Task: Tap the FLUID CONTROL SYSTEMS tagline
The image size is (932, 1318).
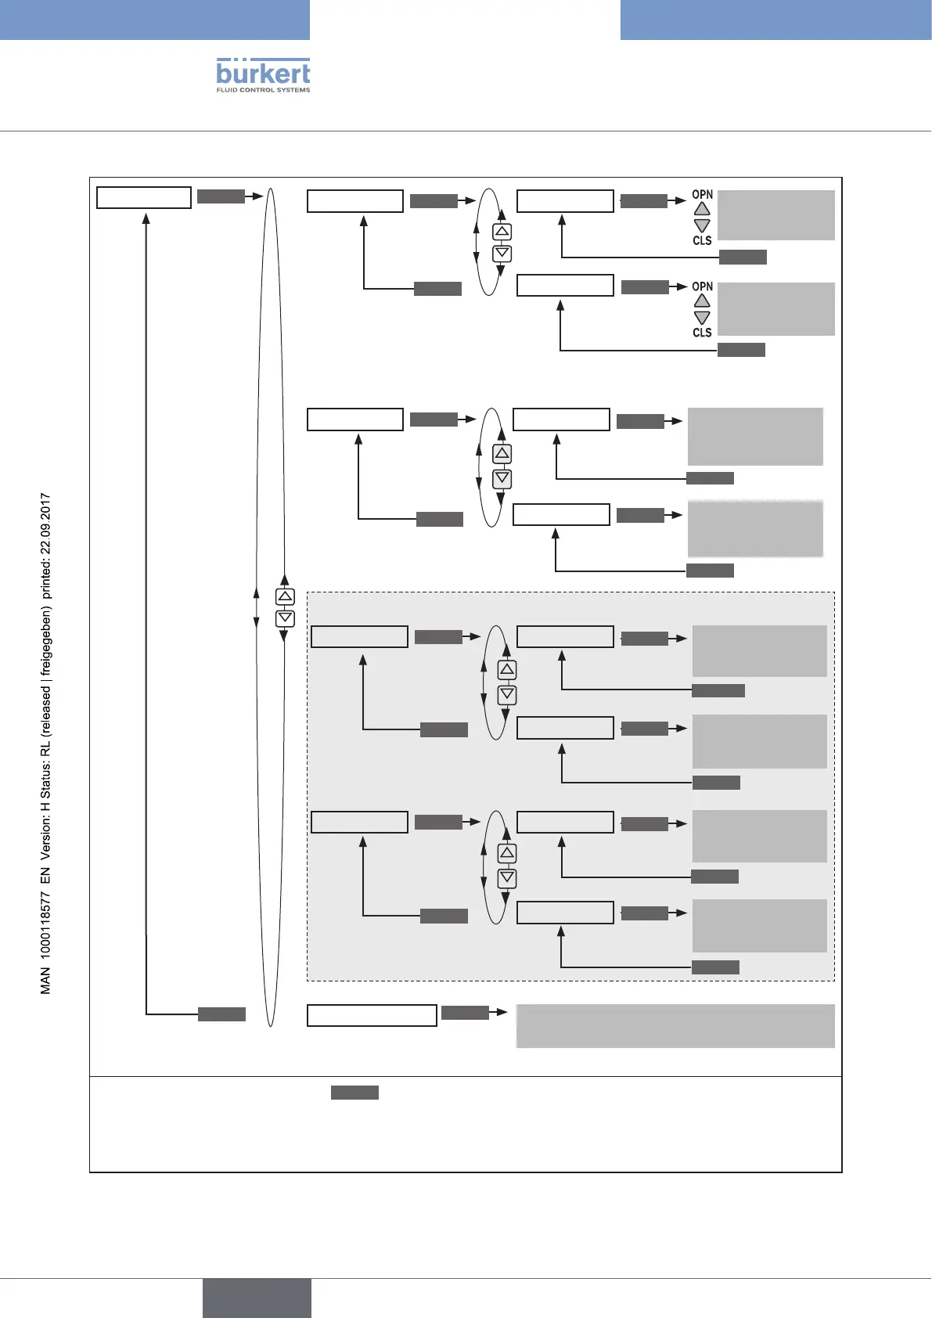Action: (263, 90)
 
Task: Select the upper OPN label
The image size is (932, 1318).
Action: (702, 194)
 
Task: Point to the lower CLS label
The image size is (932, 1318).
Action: (702, 333)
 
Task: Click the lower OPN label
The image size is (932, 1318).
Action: (702, 286)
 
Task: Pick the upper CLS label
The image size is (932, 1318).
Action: (702, 240)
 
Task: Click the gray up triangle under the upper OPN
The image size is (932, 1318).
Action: (702, 209)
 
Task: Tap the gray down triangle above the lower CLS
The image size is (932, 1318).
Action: (702, 318)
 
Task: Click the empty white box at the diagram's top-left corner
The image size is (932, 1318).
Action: (143, 197)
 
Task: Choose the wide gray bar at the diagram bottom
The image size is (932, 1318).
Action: (675, 1025)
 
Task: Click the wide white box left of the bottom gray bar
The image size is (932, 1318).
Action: (372, 1015)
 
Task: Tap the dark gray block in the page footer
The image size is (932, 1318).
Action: (257, 1298)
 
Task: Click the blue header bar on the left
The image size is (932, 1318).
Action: (154, 20)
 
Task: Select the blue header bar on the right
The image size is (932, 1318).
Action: (775, 20)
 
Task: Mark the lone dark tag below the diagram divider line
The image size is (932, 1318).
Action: (354, 1093)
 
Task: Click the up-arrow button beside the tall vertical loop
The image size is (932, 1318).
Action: (285, 596)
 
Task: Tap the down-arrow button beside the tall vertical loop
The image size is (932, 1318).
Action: (285, 618)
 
